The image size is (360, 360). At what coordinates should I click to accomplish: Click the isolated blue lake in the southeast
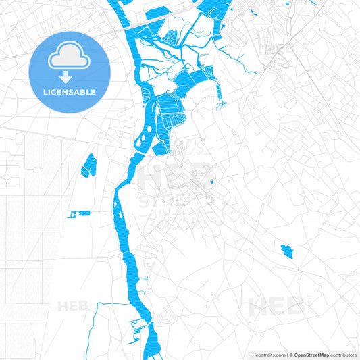tap(287, 252)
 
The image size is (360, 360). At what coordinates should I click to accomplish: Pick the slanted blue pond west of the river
tap(88, 165)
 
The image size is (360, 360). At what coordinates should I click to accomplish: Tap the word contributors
tap(343, 354)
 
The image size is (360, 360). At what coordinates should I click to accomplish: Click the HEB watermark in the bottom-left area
tap(73, 305)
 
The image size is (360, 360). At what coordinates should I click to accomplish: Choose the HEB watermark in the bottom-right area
tap(277, 307)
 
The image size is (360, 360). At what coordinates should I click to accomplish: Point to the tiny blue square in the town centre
tap(211, 182)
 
